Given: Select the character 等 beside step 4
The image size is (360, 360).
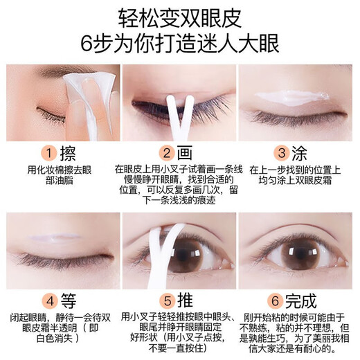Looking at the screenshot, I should coord(69,301).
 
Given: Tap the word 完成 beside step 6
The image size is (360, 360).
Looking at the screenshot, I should coord(303,301).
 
